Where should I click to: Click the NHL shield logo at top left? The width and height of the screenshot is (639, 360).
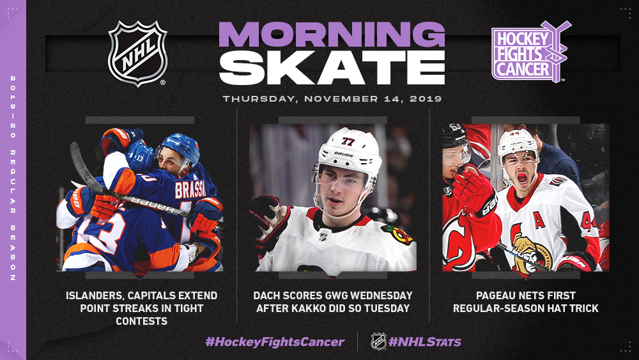pos(137,54)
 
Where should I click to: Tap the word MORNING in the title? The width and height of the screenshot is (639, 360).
pos(332,35)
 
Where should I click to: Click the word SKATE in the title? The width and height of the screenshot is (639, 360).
pos(332,68)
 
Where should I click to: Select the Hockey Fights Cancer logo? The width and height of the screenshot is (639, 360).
pos(530,51)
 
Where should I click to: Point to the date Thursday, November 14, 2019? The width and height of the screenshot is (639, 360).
pos(332,98)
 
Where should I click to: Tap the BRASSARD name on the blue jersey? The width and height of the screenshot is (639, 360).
pos(196,189)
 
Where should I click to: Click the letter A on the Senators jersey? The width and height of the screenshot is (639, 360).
pos(539,220)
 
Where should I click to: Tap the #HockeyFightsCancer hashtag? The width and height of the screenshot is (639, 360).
pos(275,341)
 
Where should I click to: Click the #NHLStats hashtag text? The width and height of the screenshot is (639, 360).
pos(425,341)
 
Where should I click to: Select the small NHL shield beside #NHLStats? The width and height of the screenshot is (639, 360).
pos(378,341)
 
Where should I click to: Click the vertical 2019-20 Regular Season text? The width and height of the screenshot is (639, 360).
pos(13,178)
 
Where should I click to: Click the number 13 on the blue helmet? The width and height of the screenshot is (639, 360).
pos(139,158)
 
